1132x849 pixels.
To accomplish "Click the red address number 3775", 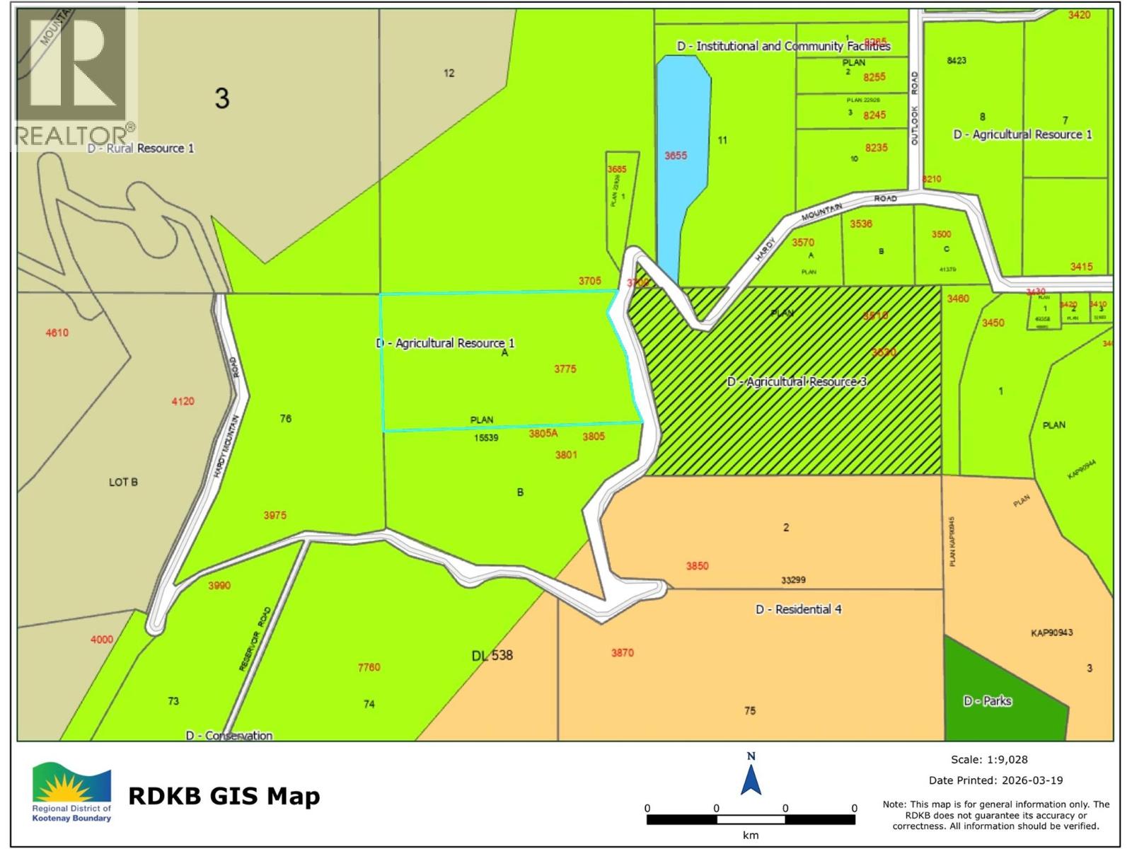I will coord(565,369).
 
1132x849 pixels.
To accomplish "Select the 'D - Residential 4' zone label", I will coord(799,609).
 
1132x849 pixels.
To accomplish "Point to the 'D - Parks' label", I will coord(987,701).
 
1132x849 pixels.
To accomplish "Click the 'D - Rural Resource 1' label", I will coord(141,148).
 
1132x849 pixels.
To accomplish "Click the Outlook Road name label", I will coord(914,108).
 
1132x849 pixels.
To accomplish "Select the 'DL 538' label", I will coord(492,655).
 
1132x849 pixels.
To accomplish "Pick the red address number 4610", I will coord(57,333).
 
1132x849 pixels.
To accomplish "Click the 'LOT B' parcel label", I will coord(123,482).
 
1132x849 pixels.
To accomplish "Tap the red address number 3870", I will coord(623,653).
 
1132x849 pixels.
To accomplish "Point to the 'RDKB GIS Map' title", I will coord(224,796).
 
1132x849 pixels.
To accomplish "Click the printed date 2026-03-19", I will coord(1032,780).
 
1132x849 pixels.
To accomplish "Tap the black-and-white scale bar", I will coord(751,819).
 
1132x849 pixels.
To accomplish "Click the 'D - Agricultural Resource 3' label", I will coord(797,381).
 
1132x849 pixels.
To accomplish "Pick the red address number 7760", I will coord(369,667).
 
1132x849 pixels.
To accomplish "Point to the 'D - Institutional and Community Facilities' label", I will coord(783,46).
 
